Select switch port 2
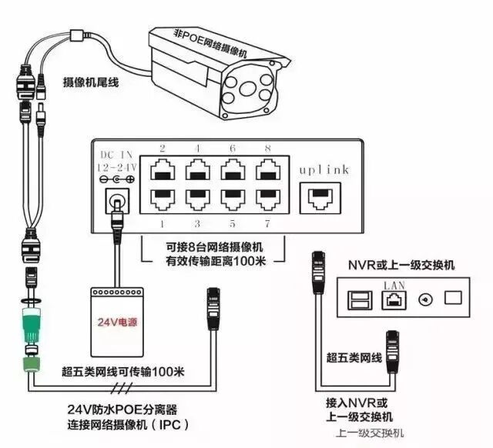(163, 168)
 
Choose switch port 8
(267, 168)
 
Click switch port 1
(163, 197)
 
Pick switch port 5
(232, 197)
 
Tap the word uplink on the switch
(323, 169)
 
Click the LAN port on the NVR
(391, 299)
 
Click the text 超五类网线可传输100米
(123, 372)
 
